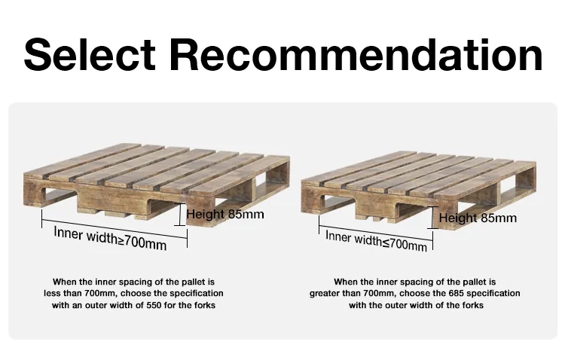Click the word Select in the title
[x=90, y=54]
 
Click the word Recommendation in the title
[x=356, y=54]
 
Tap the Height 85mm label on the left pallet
[x=225, y=214]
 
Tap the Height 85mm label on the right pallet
[x=478, y=218]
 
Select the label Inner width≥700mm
[x=110, y=238]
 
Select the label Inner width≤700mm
[x=376, y=241]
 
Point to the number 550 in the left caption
[x=154, y=305]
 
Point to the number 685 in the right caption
[x=456, y=293]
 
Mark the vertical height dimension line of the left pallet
[x=179, y=215]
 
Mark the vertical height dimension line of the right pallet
[x=432, y=218]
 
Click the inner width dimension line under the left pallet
[x=115, y=228]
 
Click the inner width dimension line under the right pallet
[x=376, y=233]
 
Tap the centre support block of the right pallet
[x=377, y=210]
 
